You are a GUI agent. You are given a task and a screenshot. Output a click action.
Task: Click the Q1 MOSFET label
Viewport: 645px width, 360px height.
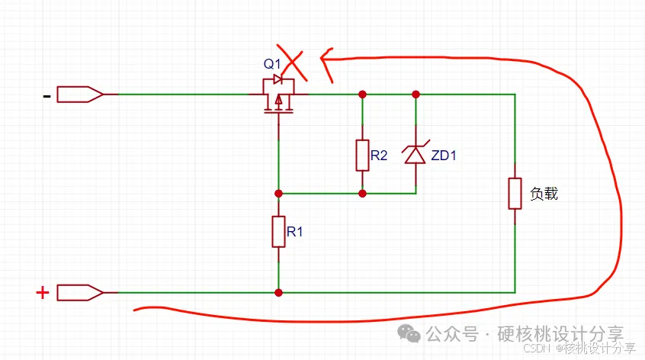point(272,63)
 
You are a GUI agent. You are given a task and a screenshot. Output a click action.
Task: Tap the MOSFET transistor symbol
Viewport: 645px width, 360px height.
point(279,96)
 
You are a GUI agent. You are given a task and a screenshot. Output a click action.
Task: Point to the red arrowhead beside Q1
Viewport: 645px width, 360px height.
point(326,61)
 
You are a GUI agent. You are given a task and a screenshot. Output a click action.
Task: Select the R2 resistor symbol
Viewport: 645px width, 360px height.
point(362,155)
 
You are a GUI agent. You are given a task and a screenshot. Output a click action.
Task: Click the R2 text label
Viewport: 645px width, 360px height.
point(379,156)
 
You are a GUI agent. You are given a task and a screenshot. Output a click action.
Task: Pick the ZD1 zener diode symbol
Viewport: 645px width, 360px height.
point(416,155)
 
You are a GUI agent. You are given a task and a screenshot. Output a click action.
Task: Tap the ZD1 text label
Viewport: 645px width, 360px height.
point(444,156)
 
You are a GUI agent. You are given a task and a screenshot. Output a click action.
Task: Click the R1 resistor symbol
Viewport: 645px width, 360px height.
point(278,231)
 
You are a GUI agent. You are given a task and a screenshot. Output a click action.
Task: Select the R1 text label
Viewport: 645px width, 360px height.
point(295,232)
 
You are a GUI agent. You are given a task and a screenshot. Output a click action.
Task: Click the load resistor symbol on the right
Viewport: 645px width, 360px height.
point(515,193)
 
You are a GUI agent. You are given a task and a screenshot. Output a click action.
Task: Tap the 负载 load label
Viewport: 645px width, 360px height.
point(544,194)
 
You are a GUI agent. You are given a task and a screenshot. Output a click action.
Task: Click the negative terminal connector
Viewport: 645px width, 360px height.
point(80,95)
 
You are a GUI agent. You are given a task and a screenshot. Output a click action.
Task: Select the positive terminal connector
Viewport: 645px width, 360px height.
point(80,292)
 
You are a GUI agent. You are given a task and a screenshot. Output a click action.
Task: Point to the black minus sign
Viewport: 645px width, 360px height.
point(47,95)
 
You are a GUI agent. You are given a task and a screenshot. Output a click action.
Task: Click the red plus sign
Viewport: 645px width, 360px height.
point(43,292)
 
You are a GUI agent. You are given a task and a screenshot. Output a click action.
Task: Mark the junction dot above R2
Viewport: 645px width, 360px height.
point(362,95)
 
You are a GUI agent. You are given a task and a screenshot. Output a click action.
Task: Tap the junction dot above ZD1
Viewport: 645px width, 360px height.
point(416,95)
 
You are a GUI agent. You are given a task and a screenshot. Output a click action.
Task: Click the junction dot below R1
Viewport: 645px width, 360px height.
point(278,292)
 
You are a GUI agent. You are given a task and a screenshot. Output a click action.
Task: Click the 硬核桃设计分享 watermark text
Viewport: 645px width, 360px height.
point(560,334)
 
